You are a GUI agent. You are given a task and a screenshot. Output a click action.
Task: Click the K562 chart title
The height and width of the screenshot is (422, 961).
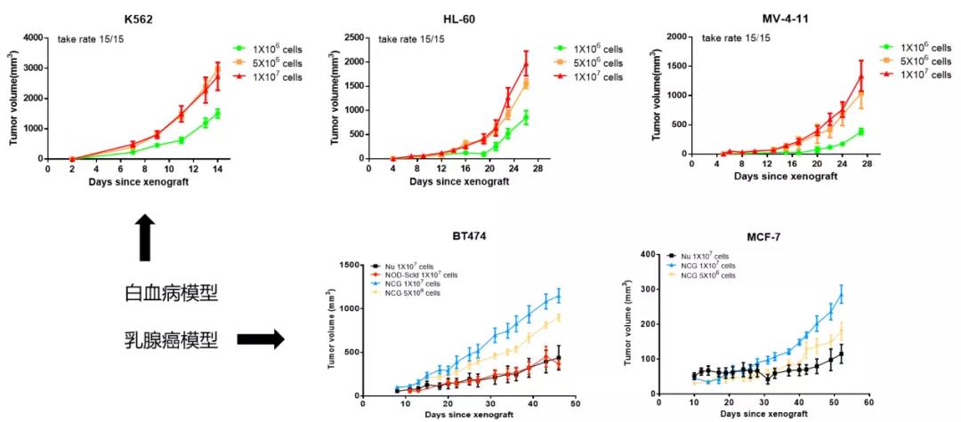(x=136, y=19)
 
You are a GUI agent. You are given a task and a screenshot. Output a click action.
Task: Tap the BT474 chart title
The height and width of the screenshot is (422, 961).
(x=470, y=237)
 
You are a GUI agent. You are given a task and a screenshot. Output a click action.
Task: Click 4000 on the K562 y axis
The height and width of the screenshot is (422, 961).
(x=32, y=38)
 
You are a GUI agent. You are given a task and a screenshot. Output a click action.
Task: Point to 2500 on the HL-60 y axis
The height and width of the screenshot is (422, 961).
(x=355, y=38)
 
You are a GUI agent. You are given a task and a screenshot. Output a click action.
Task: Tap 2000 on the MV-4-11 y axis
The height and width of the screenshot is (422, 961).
(x=675, y=38)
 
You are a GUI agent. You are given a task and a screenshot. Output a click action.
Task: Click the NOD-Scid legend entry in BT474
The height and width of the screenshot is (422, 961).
(x=424, y=275)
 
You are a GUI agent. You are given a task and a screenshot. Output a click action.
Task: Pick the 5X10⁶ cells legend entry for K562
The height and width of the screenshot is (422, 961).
(x=273, y=63)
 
